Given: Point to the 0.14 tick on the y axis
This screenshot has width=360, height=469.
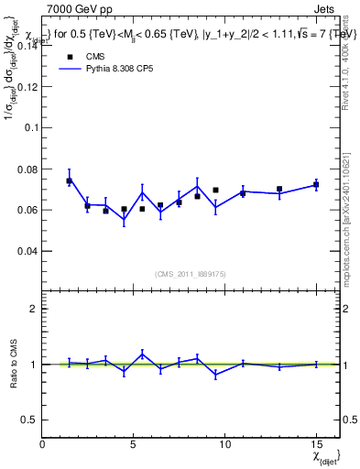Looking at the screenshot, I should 29,47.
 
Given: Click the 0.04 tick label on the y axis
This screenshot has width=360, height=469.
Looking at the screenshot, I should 29,251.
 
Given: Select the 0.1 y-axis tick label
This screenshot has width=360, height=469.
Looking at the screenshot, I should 32,128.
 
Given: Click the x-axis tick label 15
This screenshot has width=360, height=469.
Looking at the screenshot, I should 315,445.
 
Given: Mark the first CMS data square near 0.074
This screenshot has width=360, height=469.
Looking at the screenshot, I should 69,181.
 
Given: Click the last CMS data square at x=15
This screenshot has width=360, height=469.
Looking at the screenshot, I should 315,185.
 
